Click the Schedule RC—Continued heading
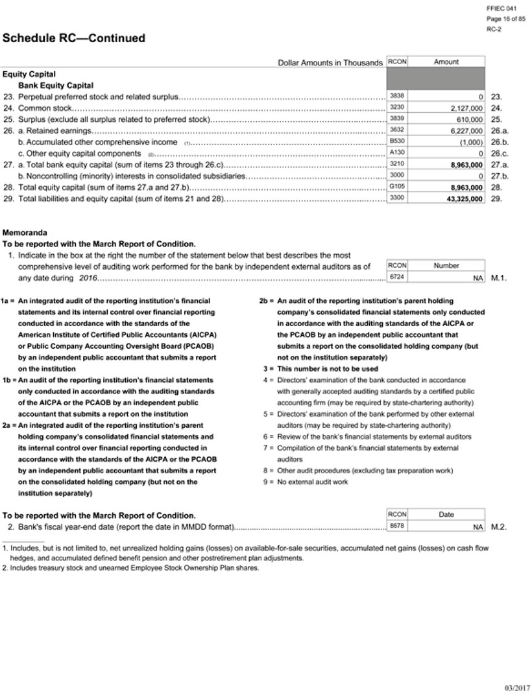(x=74, y=39)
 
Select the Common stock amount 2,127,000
(x=466, y=108)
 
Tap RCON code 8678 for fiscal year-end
(x=396, y=526)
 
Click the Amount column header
(x=446, y=62)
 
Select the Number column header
(x=446, y=266)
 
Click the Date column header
(x=446, y=515)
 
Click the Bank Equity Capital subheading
(x=56, y=86)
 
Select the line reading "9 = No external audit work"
(x=305, y=482)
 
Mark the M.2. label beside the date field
(x=498, y=527)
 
